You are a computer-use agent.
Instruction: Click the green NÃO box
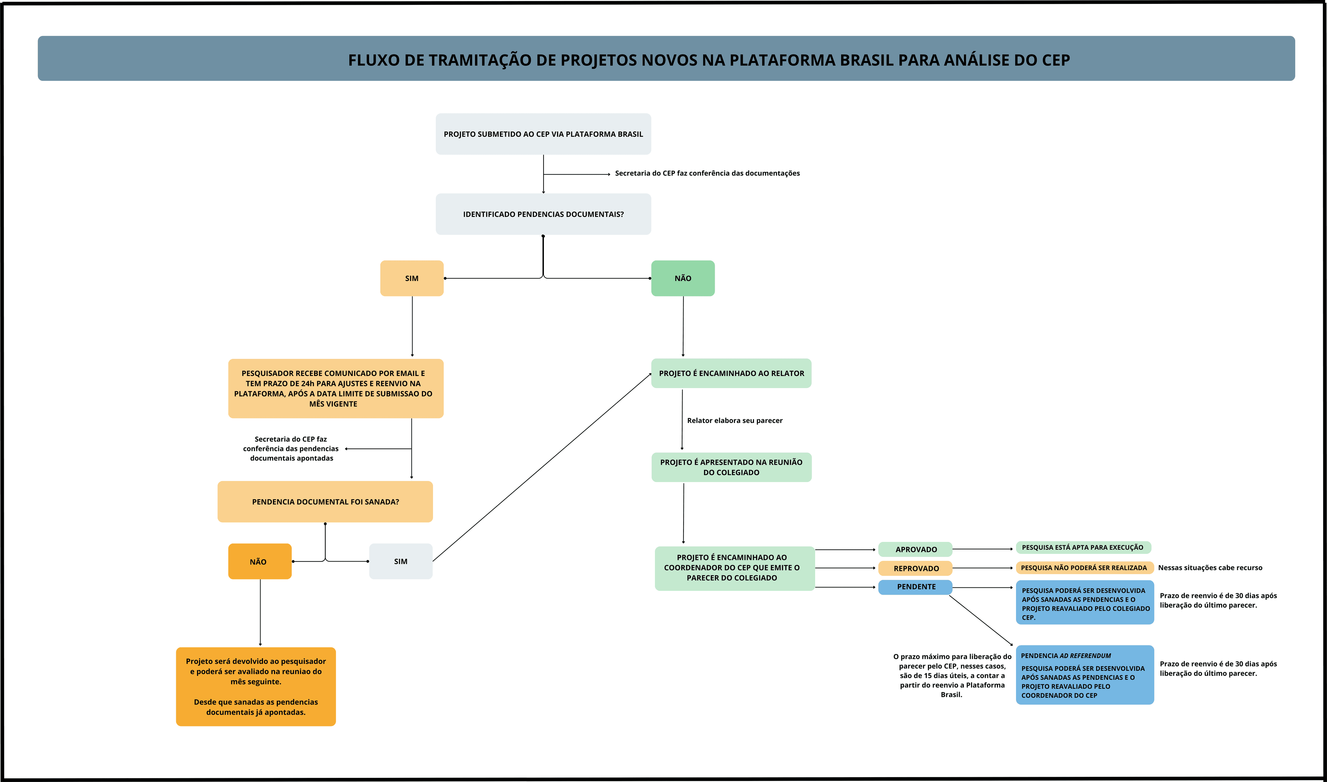click(683, 278)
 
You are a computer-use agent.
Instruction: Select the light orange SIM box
click(412, 278)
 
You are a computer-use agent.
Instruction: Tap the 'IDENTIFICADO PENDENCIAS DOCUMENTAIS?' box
click(543, 214)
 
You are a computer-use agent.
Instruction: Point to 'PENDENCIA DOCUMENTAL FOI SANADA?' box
click(325, 502)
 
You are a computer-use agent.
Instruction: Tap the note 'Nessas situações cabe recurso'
click(1210, 567)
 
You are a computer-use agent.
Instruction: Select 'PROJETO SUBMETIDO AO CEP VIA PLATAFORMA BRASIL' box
click(543, 134)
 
